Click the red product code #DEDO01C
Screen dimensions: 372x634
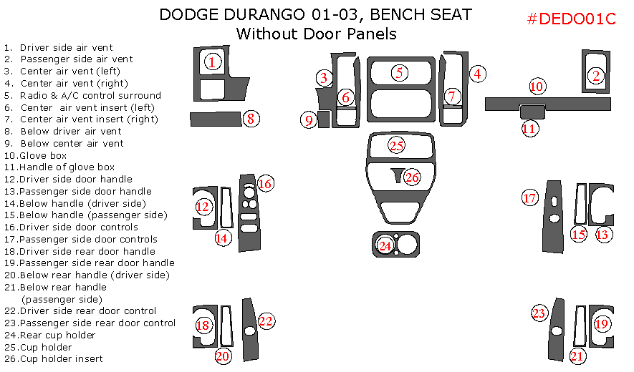click(571, 19)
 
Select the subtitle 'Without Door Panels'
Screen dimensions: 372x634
click(316, 34)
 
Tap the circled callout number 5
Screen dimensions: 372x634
click(400, 72)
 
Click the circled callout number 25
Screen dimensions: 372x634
click(397, 145)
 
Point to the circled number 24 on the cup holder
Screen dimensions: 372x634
click(385, 245)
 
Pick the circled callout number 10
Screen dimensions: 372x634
click(537, 87)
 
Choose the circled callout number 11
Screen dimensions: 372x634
click(529, 129)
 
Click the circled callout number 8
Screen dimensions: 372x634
click(250, 119)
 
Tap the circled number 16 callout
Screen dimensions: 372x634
click(265, 184)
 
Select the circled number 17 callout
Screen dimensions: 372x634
click(529, 198)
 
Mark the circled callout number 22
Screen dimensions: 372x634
click(266, 321)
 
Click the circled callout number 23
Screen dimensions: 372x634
click(539, 313)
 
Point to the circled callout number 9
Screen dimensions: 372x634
click(309, 120)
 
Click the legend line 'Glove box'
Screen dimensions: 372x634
click(43, 155)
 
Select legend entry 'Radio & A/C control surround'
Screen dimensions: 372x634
click(90, 95)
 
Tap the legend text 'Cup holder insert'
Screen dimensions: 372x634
click(61, 358)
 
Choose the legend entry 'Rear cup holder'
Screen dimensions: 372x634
click(58, 335)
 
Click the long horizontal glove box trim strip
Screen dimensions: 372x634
click(501, 104)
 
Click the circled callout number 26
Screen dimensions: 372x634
click(411, 177)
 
